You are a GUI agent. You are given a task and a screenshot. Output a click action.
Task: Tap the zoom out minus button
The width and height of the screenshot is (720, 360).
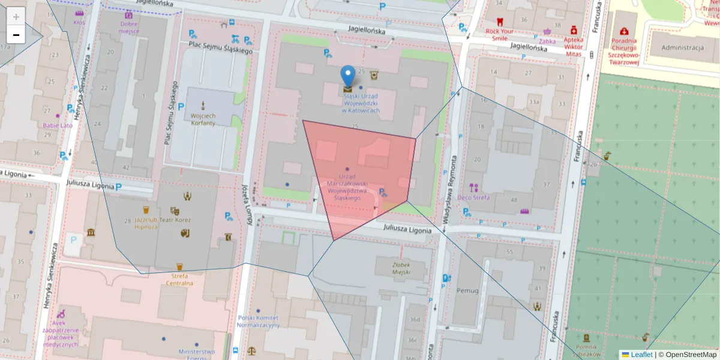[16, 35]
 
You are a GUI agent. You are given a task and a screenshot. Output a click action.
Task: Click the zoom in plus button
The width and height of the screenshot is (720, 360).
[16, 17]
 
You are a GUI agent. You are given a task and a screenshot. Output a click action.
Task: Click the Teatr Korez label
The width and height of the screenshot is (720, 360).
[175, 220]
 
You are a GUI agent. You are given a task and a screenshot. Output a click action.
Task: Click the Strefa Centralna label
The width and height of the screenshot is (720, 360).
[179, 280]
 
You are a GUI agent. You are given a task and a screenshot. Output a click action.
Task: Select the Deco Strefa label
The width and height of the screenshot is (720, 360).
[473, 197]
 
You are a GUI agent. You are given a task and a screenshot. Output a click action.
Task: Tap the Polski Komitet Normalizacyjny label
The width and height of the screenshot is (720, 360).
[259, 322]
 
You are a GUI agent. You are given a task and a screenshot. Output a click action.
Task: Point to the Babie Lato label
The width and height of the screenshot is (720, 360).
[58, 125]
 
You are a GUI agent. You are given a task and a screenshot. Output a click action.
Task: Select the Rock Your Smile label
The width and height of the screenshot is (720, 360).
[500, 34]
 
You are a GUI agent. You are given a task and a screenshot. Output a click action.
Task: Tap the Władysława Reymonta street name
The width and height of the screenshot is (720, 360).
[454, 189]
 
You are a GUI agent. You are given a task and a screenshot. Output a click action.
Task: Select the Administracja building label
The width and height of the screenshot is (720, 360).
[682, 48]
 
